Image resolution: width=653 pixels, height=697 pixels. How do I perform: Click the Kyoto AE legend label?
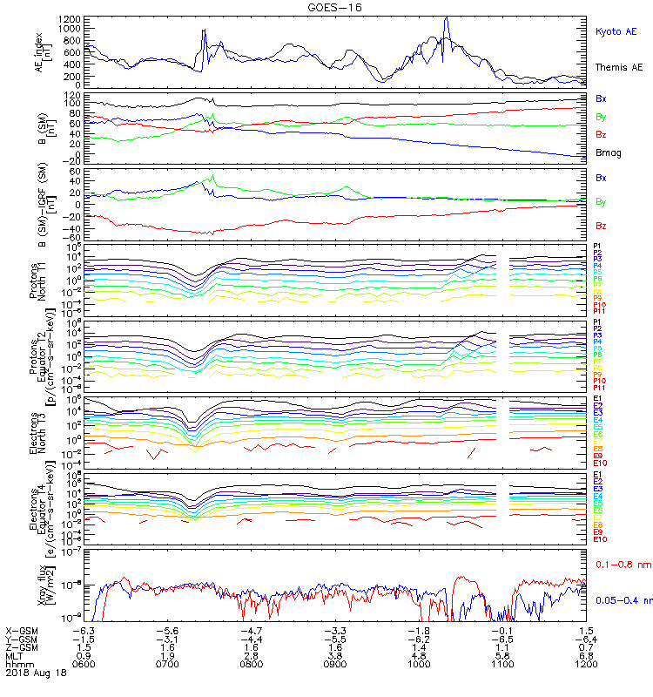click(x=617, y=31)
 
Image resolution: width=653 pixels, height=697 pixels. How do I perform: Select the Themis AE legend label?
click(x=619, y=67)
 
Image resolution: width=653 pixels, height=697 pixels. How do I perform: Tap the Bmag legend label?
click(x=608, y=152)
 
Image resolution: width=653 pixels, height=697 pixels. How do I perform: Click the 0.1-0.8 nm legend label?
click(x=619, y=565)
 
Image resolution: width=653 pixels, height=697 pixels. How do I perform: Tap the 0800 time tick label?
click(x=250, y=664)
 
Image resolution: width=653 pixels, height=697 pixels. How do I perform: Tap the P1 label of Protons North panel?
click(x=597, y=247)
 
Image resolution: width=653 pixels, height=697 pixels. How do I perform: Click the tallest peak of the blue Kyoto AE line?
click(x=446, y=17)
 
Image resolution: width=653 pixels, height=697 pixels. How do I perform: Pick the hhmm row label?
click(x=18, y=664)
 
